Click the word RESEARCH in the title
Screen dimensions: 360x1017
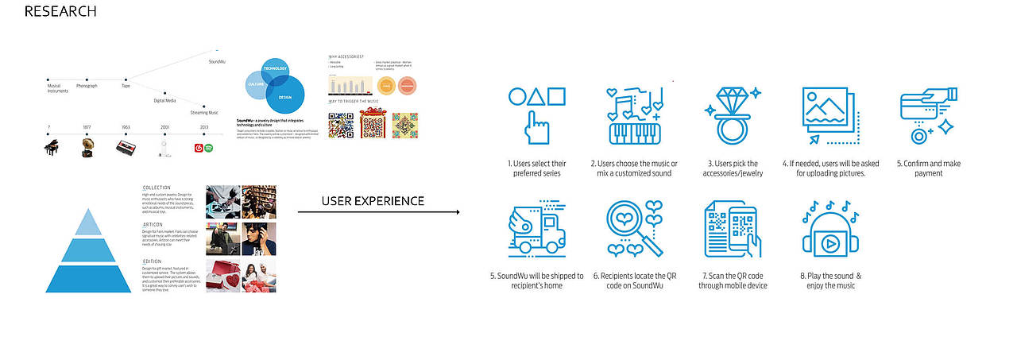[60, 12]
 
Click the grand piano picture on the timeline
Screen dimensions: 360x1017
[51, 148]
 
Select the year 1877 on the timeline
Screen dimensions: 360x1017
[87, 127]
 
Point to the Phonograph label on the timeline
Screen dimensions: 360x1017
[87, 86]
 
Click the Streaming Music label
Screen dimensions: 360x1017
[204, 113]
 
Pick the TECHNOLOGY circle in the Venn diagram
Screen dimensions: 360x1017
[275, 69]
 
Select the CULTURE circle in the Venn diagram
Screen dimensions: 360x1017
[256, 83]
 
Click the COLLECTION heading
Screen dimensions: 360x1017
[157, 188]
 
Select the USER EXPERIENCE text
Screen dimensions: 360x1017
[373, 201]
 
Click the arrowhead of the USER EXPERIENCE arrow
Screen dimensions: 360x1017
[457, 213]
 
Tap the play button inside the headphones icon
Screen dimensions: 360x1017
[829, 243]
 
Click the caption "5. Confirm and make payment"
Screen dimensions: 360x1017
[929, 168]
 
